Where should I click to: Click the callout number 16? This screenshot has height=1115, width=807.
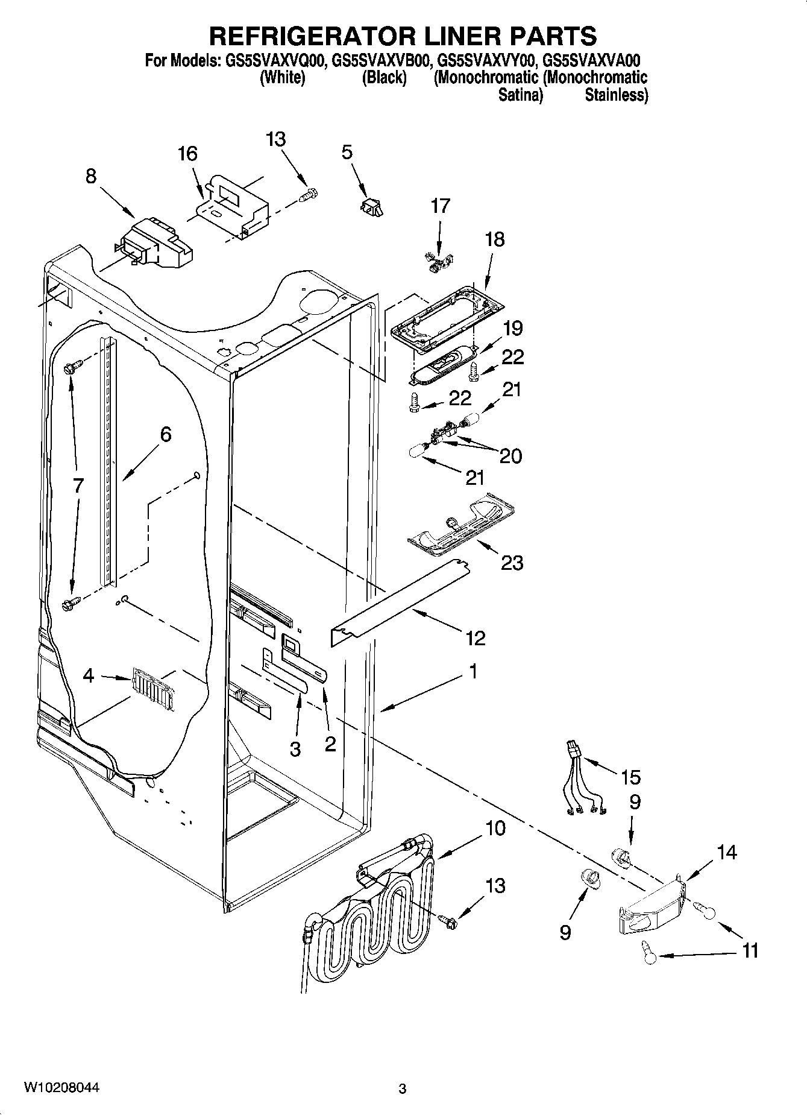pos(187,154)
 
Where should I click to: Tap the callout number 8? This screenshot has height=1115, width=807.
pos(90,176)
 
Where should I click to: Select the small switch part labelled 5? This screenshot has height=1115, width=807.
pos(372,207)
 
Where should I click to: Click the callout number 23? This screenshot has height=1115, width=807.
pos(512,563)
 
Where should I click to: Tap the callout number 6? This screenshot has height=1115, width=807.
pos(166,434)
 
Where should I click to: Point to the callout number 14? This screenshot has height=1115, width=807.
pos(727,853)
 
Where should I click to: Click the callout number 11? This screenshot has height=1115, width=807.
pos(749,951)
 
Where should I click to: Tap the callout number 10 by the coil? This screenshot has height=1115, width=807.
pos(495,829)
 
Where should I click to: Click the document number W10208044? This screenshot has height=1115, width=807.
pos(61,1088)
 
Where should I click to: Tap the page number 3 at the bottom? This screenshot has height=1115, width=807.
pos(403,1089)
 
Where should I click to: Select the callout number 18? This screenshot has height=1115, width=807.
pos(494,239)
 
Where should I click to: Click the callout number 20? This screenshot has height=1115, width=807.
pos(510,456)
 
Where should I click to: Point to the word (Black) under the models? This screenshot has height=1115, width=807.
pos(384,78)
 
